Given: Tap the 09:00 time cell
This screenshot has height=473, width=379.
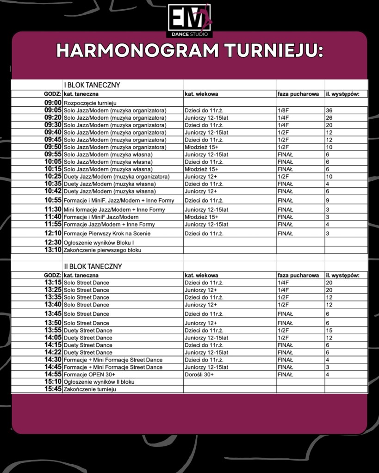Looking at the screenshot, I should point(53,103).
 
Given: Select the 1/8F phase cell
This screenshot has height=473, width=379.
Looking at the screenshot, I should point(283,111).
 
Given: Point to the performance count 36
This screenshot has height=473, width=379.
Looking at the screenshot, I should point(329,111).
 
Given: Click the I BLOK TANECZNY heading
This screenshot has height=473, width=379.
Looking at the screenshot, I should point(92,85).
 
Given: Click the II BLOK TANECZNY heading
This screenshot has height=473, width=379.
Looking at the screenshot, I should point(93,267).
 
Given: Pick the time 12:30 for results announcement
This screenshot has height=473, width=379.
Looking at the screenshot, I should point(53,242).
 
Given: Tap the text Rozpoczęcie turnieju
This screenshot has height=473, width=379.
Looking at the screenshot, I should point(90,103).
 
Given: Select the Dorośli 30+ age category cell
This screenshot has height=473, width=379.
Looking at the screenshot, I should point(199,375).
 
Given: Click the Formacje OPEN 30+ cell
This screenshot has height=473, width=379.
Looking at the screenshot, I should point(89,375).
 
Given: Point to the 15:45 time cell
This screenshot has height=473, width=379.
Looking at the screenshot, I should point(53,389).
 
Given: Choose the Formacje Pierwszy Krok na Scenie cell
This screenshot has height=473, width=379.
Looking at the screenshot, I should point(107,233).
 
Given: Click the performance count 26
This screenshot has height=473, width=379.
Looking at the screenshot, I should point(329,117).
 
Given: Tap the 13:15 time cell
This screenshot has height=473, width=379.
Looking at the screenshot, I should point(53,283).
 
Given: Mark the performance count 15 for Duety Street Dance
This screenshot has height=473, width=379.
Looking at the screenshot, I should point(329,331).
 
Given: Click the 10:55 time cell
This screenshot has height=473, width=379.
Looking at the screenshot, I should point(53,200).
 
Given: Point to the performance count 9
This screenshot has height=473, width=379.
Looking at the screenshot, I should point(327,200).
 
